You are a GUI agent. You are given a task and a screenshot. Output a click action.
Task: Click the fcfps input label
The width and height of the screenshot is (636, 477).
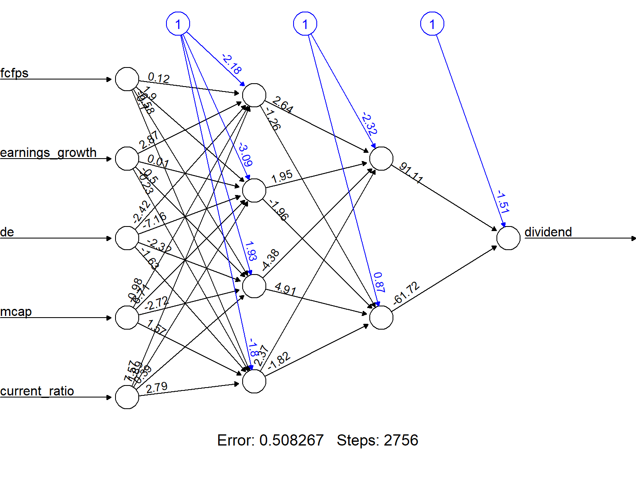point(14,73)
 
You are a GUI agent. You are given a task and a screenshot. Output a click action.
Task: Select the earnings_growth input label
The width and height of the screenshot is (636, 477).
point(48,153)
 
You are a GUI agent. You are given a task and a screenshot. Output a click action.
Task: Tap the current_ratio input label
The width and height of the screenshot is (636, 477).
point(37,391)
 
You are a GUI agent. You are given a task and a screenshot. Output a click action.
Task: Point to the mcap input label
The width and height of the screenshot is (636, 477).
point(16,312)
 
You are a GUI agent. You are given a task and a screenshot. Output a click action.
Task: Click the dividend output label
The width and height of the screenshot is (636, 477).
point(548,232)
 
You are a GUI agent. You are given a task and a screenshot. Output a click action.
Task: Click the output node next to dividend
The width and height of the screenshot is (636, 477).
point(508,238)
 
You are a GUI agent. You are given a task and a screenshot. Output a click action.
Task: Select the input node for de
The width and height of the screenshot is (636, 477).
point(127,238)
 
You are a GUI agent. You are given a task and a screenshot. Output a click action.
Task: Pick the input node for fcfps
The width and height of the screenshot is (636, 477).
point(127,79)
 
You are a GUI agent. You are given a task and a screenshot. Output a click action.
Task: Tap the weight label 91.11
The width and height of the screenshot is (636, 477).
point(411,173)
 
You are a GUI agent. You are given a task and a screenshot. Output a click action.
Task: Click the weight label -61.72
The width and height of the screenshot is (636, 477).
point(406,294)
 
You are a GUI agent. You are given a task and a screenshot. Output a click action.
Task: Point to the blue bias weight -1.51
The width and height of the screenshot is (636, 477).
point(503,202)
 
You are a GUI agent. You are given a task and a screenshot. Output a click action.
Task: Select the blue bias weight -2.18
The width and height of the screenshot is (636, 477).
point(232,64)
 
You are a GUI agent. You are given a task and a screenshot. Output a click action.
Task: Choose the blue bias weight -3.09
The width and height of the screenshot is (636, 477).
point(245,154)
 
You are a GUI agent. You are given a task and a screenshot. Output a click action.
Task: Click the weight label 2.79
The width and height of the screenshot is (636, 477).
point(157,388)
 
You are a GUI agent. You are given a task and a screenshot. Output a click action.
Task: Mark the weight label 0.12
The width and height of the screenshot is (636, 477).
point(159,78)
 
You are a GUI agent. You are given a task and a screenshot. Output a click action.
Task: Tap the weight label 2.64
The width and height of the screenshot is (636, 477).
point(283,104)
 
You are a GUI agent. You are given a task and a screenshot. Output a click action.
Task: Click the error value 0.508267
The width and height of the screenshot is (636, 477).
point(291,440)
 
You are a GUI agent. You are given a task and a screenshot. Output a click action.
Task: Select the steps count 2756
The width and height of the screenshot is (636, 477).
point(401,440)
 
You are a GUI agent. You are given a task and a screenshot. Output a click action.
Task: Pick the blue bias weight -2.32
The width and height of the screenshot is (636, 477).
point(369,123)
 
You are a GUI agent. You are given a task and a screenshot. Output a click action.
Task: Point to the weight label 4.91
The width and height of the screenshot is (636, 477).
point(285,289)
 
